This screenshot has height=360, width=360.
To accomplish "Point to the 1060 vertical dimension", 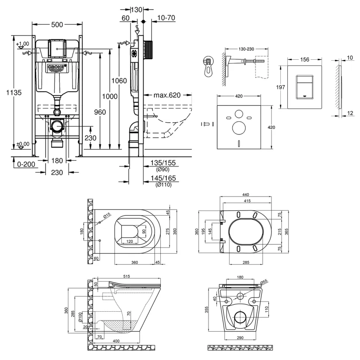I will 119,81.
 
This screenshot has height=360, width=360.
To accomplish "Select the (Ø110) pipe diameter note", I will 163,185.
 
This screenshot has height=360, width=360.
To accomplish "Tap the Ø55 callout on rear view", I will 264,281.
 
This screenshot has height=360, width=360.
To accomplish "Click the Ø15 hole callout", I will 106,217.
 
